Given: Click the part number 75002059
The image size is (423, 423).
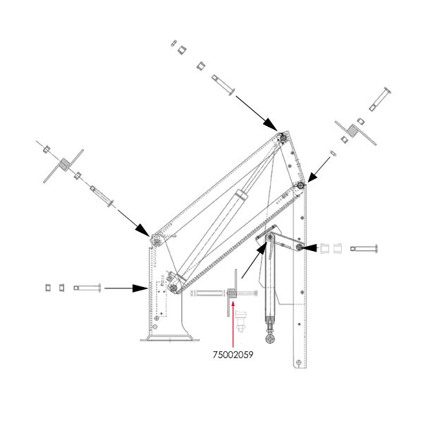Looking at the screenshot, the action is click(233, 355).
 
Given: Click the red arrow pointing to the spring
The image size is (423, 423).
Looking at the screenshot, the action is click(233, 324).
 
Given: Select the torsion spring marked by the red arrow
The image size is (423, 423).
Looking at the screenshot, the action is click(232, 293).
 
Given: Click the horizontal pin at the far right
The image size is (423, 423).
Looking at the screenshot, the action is click(364, 248).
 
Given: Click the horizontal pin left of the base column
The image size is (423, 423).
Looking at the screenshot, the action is click(87, 288).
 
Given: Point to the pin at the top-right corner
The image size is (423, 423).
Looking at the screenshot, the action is click(380, 99).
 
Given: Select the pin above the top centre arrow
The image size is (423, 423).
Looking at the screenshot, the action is click(223, 85).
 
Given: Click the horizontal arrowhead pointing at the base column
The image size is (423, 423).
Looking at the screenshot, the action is click(140, 288).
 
